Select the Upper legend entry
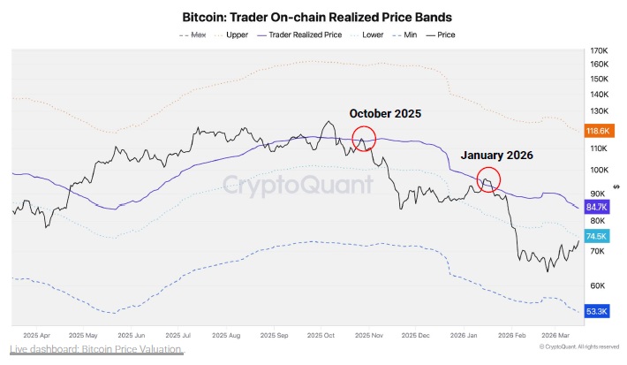click(236, 34)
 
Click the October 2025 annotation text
click(385, 114)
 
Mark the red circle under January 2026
click(488, 179)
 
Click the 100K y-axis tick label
click(599, 170)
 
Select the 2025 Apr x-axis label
click(37, 336)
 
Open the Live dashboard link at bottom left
click(96, 350)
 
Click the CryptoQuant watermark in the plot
click(297, 185)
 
